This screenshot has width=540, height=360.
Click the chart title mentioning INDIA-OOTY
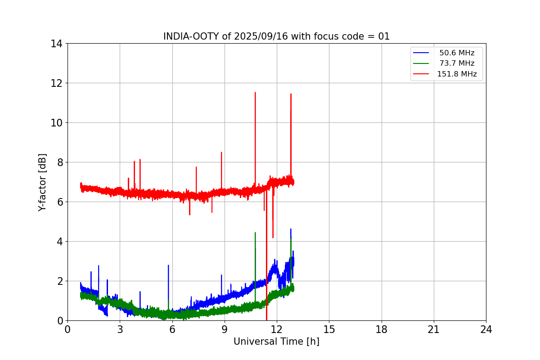[x=276, y=36]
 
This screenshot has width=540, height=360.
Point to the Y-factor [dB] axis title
[x=42, y=182]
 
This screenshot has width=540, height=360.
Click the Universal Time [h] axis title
[x=276, y=342]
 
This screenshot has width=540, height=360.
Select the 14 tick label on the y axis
[x=56, y=44]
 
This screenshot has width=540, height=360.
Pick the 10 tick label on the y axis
[x=56, y=123]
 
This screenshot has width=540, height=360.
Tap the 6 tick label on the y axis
[x=59, y=202]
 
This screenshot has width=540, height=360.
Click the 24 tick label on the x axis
[x=486, y=329]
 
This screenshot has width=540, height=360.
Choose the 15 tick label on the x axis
[x=329, y=329]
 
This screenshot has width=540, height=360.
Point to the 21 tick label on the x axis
[x=434, y=329]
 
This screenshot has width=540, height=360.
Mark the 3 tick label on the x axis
[x=120, y=329]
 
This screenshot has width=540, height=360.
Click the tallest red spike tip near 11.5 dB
[x=255, y=93]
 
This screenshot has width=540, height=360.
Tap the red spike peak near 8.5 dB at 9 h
[x=221, y=153]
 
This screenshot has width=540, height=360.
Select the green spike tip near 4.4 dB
[x=255, y=233]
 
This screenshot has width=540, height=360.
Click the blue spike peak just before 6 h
[x=168, y=265]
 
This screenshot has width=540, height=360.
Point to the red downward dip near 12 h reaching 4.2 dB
[x=273, y=237]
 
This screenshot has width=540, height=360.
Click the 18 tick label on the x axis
[x=382, y=329]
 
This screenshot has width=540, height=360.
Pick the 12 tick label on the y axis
[x=56, y=83]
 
